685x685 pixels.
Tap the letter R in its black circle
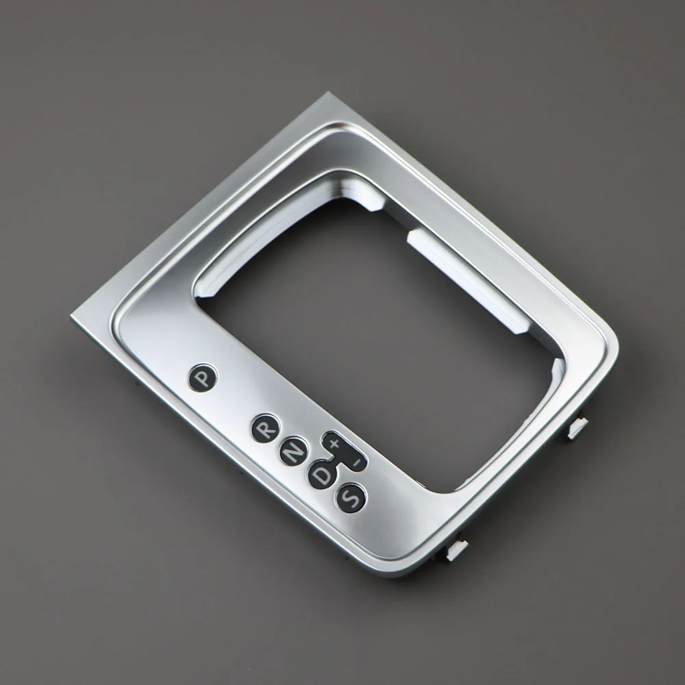point(264,428)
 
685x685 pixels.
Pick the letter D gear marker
point(321,474)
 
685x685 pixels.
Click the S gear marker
point(350,497)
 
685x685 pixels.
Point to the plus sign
point(334,444)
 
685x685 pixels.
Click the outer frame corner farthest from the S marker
point(322,95)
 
